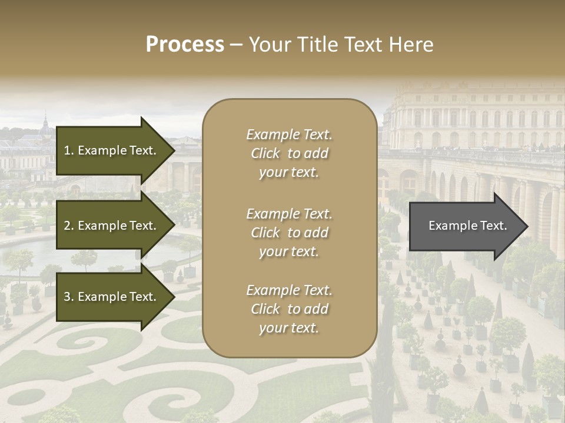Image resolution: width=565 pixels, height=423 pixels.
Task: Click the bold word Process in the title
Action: (x=185, y=45)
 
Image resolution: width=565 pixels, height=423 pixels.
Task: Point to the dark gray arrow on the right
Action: (x=468, y=226)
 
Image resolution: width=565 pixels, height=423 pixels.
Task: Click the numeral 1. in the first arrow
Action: (x=69, y=150)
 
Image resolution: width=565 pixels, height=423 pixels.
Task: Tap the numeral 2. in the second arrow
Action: (x=69, y=226)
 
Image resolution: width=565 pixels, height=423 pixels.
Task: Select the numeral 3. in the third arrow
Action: (x=69, y=297)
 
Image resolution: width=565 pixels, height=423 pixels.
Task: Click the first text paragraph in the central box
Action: (x=289, y=153)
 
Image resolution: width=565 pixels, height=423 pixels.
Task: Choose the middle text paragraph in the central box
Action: (x=289, y=233)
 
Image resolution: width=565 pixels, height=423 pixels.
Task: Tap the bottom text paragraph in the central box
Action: (x=289, y=309)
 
